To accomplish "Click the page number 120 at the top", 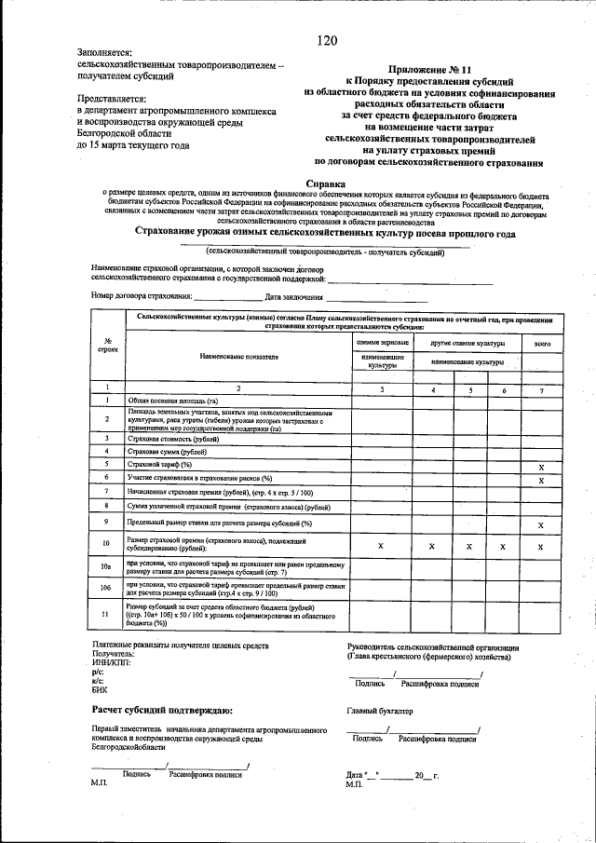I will (x=326, y=39).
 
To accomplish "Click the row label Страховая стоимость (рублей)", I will (x=173, y=437).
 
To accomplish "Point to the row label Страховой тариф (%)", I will (x=159, y=463).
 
